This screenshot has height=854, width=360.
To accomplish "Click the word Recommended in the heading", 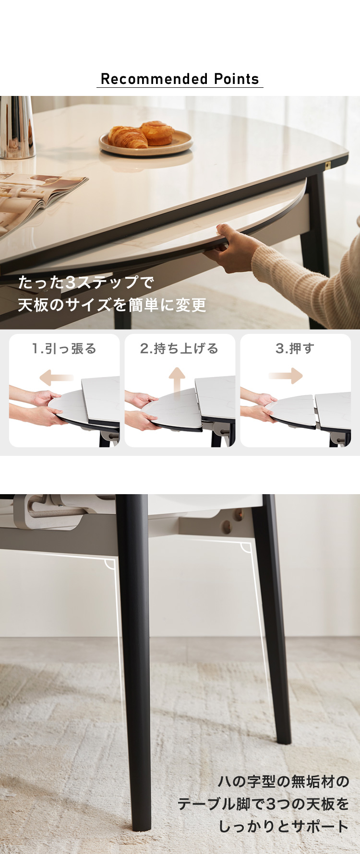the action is [x=154, y=79].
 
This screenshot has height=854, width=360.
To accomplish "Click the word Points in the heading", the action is [x=237, y=79].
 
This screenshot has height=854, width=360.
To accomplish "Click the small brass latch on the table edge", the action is [x=328, y=166].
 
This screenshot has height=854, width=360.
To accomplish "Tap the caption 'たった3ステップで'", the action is [x=86, y=282].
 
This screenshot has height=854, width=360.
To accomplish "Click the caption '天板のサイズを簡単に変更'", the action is [x=112, y=305].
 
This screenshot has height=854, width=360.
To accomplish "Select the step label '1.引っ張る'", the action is [x=64, y=349].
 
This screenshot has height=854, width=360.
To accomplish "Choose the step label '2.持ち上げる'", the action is [x=180, y=349].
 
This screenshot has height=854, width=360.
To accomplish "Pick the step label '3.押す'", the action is [x=295, y=349].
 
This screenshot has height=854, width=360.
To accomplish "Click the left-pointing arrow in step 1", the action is [x=57, y=377].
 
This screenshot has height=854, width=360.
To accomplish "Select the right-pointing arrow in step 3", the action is [x=286, y=376].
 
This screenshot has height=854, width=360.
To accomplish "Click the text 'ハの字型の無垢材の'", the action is [x=283, y=782].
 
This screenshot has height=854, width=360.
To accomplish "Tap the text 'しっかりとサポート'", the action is [x=283, y=826].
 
